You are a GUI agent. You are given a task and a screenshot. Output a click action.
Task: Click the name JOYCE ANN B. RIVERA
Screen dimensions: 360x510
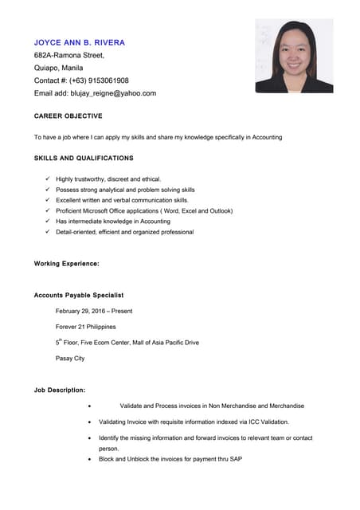pyautogui.click(x=80, y=41)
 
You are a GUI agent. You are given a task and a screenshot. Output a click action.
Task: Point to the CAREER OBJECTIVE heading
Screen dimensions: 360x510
pyautogui.click(x=68, y=116)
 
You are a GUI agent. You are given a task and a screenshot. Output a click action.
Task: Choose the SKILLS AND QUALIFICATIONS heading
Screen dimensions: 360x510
pyautogui.click(x=84, y=158)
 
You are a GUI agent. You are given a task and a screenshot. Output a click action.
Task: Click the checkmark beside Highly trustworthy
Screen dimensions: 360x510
pyautogui.click(x=48, y=179)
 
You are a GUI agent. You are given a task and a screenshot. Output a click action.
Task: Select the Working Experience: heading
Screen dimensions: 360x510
pyautogui.click(x=67, y=263)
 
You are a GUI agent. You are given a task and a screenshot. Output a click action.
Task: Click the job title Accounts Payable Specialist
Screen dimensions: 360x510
pyautogui.click(x=79, y=296)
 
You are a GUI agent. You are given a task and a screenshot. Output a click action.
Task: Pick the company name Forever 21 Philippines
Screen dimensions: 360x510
pyautogui.click(x=85, y=327)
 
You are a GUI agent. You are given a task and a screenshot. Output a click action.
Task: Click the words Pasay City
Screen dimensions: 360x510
pyautogui.click(x=70, y=359)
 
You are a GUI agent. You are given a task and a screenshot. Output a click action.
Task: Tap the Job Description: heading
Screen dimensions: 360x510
pyautogui.click(x=60, y=390)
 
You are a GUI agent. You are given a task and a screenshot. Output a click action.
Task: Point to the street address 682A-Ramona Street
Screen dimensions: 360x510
pyautogui.click(x=69, y=55)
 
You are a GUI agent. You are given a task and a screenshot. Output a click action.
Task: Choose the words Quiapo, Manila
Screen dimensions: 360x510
pyautogui.click(x=62, y=68)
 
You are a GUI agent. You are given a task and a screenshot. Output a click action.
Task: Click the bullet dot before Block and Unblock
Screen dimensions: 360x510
pyautogui.click(x=89, y=460)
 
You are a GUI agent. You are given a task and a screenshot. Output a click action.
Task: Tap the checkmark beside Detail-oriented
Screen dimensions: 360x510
pyautogui.click(x=48, y=232)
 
